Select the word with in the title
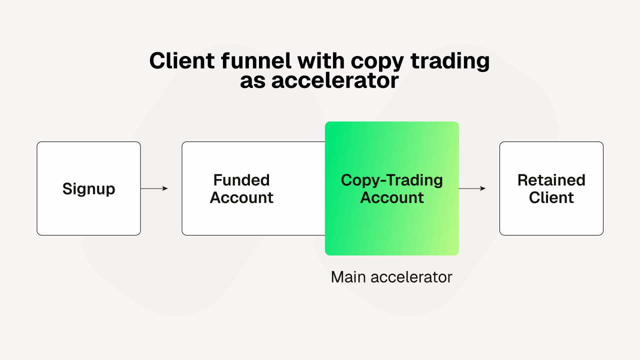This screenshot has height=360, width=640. (x=320, y=61)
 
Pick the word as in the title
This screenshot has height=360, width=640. (x=253, y=81)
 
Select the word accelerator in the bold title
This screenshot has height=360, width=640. (x=335, y=81)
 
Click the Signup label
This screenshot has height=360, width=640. (x=88, y=189)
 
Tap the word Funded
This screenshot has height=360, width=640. (x=241, y=180)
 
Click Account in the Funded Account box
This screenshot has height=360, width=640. (x=241, y=197)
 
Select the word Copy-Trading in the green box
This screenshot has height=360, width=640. (x=391, y=180)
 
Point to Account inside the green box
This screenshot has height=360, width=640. (x=391, y=197)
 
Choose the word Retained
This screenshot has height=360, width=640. (x=551, y=180)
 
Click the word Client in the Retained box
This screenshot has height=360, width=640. (x=551, y=197)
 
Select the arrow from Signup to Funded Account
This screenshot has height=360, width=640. (x=154, y=188)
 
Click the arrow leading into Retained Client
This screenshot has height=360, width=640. (x=472, y=188)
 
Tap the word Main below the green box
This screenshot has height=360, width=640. (x=347, y=277)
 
